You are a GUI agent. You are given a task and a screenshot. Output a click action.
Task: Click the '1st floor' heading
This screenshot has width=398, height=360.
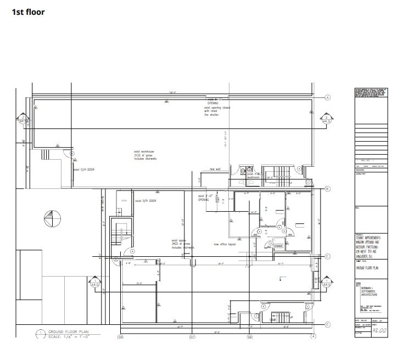[x=29, y=12]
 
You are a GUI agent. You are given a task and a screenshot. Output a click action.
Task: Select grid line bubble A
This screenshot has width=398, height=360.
[x=328, y=97]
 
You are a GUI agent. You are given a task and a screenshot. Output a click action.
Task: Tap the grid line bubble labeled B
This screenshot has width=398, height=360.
[x=328, y=189]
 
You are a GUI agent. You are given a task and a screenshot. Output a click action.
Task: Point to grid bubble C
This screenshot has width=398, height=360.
[x=328, y=256]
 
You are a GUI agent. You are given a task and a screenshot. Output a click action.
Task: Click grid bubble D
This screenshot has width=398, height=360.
[x=328, y=324]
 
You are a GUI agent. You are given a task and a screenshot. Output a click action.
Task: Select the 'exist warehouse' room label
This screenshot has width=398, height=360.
[x=145, y=152]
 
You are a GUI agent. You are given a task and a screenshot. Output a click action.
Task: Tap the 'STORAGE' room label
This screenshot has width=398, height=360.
[x=278, y=246]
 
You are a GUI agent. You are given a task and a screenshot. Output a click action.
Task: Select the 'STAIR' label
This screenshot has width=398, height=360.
[x=273, y=318]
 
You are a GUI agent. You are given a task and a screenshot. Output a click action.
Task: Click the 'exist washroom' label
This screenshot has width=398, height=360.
[x=253, y=176]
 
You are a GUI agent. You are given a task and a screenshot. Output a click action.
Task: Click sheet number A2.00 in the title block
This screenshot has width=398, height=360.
[x=379, y=331]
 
